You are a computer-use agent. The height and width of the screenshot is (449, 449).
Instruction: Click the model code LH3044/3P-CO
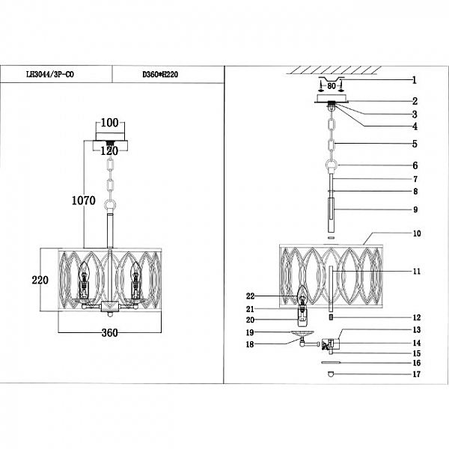[50, 74]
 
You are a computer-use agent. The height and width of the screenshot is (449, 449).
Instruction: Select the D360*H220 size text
[160, 74]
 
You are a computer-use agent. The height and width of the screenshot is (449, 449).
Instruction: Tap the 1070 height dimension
[84, 201]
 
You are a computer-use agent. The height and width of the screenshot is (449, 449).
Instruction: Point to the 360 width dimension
[110, 333]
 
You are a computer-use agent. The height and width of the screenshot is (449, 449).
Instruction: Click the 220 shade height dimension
[40, 280]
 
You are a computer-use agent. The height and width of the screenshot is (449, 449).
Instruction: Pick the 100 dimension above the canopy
[110, 123]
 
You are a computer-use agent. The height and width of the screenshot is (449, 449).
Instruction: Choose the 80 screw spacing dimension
[332, 86]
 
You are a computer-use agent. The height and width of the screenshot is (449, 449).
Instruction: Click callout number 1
[415, 80]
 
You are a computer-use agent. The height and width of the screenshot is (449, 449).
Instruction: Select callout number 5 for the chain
[415, 144]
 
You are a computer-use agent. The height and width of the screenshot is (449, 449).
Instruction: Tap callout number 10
[417, 233]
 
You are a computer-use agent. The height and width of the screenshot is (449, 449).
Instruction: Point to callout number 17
[417, 374]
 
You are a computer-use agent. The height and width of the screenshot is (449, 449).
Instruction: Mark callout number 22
[250, 296]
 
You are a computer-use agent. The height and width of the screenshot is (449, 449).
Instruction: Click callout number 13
[417, 330]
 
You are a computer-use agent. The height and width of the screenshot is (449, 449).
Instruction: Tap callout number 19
[250, 332]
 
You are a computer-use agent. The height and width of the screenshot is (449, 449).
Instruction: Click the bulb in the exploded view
[302, 296]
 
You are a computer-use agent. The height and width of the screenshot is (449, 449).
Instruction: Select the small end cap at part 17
[331, 373]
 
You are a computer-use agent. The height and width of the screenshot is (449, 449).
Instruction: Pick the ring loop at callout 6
[332, 165]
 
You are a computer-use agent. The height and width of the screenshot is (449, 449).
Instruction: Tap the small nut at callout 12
[331, 317]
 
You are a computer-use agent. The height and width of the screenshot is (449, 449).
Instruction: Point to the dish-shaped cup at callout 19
[302, 333]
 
